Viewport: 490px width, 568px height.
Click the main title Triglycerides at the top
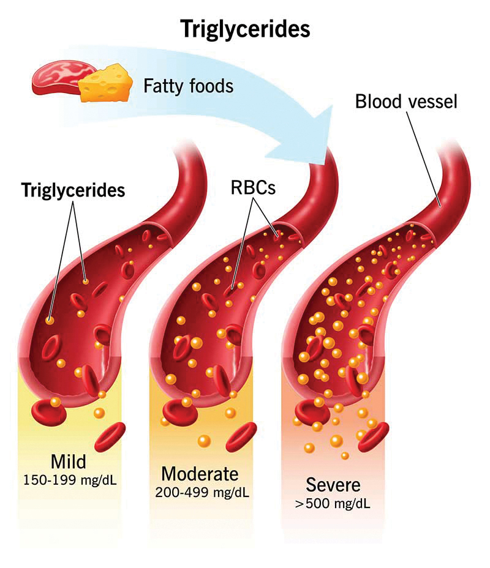(x=246, y=29)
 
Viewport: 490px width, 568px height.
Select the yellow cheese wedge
(x=105, y=83)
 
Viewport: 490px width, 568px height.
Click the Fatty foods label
(x=189, y=86)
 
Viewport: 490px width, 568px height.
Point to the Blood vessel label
(x=406, y=102)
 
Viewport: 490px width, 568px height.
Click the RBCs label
(x=253, y=188)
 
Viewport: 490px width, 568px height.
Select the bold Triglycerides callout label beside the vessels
(x=73, y=190)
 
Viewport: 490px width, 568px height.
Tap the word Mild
(x=69, y=462)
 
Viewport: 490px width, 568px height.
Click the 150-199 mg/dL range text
(x=70, y=480)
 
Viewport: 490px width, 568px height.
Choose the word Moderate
(x=200, y=474)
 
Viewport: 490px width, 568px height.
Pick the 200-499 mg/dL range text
(x=202, y=493)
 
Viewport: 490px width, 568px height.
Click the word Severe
(x=333, y=485)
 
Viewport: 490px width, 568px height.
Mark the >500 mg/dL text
(x=333, y=504)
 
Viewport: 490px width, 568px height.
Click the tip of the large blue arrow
(x=333, y=106)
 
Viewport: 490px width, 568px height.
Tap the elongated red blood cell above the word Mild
(x=110, y=436)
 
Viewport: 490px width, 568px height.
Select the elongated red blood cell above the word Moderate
(x=241, y=436)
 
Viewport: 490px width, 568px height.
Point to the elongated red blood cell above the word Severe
(x=373, y=436)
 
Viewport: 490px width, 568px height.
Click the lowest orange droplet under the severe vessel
(x=345, y=455)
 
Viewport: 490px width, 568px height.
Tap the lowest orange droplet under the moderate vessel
(x=204, y=441)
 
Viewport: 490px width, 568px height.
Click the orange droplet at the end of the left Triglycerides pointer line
(x=50, y=320)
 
